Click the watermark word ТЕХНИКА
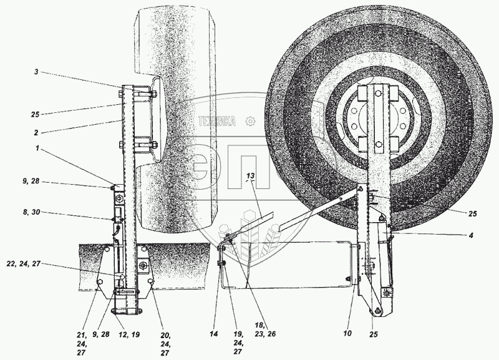217,122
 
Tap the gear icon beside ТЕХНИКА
250,121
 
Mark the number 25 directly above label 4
472,213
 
